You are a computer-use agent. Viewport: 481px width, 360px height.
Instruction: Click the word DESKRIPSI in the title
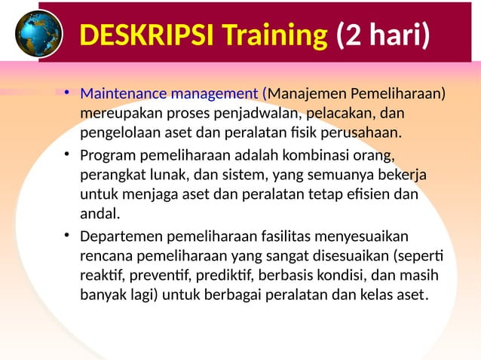139,35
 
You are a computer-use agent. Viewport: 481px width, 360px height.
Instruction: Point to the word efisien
367,195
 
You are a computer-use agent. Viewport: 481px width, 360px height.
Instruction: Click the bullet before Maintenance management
66,93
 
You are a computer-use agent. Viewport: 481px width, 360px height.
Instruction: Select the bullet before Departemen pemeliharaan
66,235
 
